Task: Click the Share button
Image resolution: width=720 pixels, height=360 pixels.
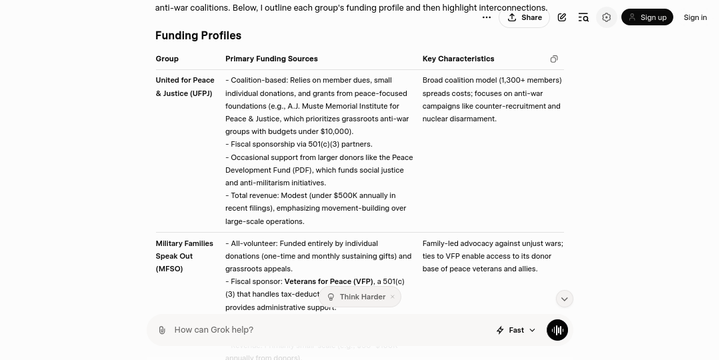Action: [x=524, y=17]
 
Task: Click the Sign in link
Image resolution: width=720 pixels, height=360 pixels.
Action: [x=695, y=17]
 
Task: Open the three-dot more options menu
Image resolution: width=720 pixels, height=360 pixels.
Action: [x=487, y=17]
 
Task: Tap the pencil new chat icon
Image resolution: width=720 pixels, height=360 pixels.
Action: [x=562, y=17]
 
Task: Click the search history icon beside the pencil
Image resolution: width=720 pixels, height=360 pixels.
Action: [x=583, y=17]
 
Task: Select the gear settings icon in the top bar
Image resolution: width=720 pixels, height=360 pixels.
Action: [x=606, y=17]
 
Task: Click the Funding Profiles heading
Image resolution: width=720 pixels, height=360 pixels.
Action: [x=198, y=35]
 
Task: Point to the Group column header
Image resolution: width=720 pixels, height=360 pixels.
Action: [x=167, y=59]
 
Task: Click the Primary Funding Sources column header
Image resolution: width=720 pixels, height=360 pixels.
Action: [x=271, y=59]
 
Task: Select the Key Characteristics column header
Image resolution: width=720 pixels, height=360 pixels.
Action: [x=458, y=59]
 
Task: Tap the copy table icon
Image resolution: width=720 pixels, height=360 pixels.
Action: [x=554, y=59]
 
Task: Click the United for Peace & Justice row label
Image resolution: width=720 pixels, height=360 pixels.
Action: [x=185, y=87]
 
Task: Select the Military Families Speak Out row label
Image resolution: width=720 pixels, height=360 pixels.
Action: [x=184, y=256]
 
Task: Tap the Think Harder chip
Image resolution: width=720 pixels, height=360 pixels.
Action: [x=361, y=297]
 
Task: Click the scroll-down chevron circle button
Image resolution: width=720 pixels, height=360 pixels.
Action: [x=564, y=299]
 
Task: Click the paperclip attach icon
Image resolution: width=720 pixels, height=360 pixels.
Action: [x=162, y=330]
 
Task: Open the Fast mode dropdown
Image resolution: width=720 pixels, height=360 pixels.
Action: [x=517, y=330]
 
